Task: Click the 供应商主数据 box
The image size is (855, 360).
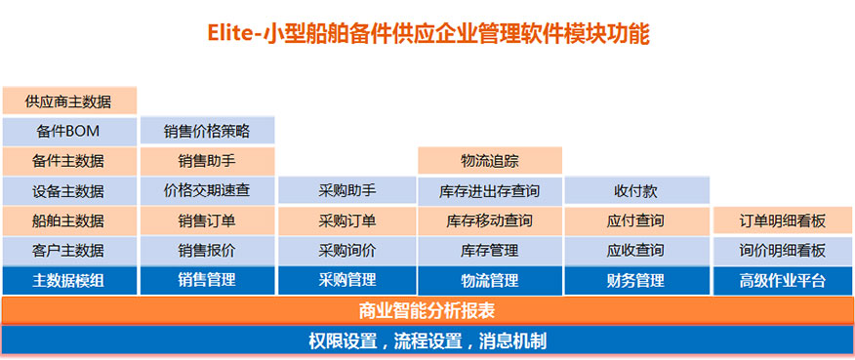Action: coord(69,100)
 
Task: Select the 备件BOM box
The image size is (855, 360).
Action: coord(69,131)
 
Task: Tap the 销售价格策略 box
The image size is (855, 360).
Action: coord(207,131)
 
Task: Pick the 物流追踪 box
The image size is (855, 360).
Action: coord(490,161)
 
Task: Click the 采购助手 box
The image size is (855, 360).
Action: coord(347,191)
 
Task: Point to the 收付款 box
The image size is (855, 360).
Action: coord(636,191)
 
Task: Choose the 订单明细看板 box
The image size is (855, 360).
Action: coord(783,220)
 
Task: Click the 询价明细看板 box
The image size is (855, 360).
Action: coord(783,251)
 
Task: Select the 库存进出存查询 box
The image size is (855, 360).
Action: coord(490,191)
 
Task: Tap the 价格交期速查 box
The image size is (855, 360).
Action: coord(207,191)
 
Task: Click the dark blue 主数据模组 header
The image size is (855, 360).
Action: coord(69,280)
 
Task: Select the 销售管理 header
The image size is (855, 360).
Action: coord(207,280)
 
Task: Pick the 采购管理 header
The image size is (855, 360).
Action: coord(347,280)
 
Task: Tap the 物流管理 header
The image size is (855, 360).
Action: coord(490,280)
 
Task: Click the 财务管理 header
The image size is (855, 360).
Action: coord(636,280)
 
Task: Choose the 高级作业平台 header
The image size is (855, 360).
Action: coord(783,280)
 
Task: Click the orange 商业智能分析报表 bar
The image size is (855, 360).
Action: coord(427,311)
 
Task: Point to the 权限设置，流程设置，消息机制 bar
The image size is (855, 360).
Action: coord(427,340)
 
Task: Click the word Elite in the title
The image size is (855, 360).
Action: coord(229,34)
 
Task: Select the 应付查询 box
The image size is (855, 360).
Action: coord(636,220)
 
